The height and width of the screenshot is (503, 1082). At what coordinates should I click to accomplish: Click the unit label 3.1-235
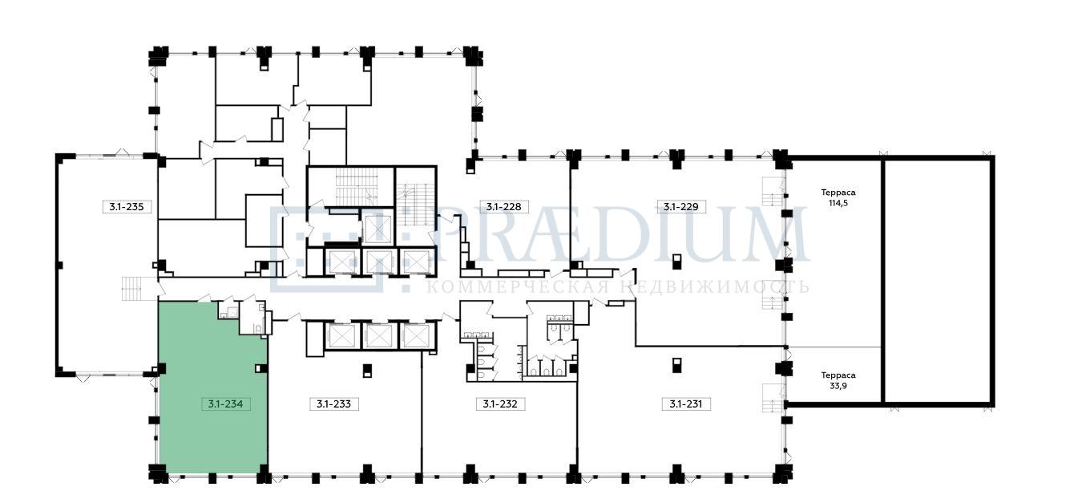pos(127,207)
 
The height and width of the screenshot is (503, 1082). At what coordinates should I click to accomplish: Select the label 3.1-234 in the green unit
pos(225,404)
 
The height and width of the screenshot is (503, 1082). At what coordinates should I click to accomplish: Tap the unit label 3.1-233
pos(333,404)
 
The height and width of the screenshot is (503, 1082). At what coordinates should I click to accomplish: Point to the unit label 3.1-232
pos(500,404)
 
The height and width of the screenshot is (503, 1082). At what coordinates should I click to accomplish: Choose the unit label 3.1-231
pos(686,404)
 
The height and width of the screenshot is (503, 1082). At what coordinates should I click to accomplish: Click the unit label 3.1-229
pos(681,207)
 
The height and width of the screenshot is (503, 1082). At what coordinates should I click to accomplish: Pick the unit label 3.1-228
pos(504,207)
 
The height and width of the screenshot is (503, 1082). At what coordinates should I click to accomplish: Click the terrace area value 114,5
pos(838,203)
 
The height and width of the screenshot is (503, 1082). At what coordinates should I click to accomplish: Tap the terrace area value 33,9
pos(838,386)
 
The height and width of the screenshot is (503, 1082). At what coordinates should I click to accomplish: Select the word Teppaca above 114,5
pos(838,193)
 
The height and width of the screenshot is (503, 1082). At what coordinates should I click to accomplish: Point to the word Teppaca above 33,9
pos(838,375)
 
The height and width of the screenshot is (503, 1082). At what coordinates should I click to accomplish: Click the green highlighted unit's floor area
pos(212,387)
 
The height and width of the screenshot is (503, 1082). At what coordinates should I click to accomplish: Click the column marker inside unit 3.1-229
pos(676,262)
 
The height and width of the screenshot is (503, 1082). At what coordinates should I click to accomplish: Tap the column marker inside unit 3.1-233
pos(368,370)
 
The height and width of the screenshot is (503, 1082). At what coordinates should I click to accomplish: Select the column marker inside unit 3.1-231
pos(676,365)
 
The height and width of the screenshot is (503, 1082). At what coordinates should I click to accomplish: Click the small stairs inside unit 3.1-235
pos(131,289)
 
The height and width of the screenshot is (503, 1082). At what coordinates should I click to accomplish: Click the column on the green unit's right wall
pos(261,368)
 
